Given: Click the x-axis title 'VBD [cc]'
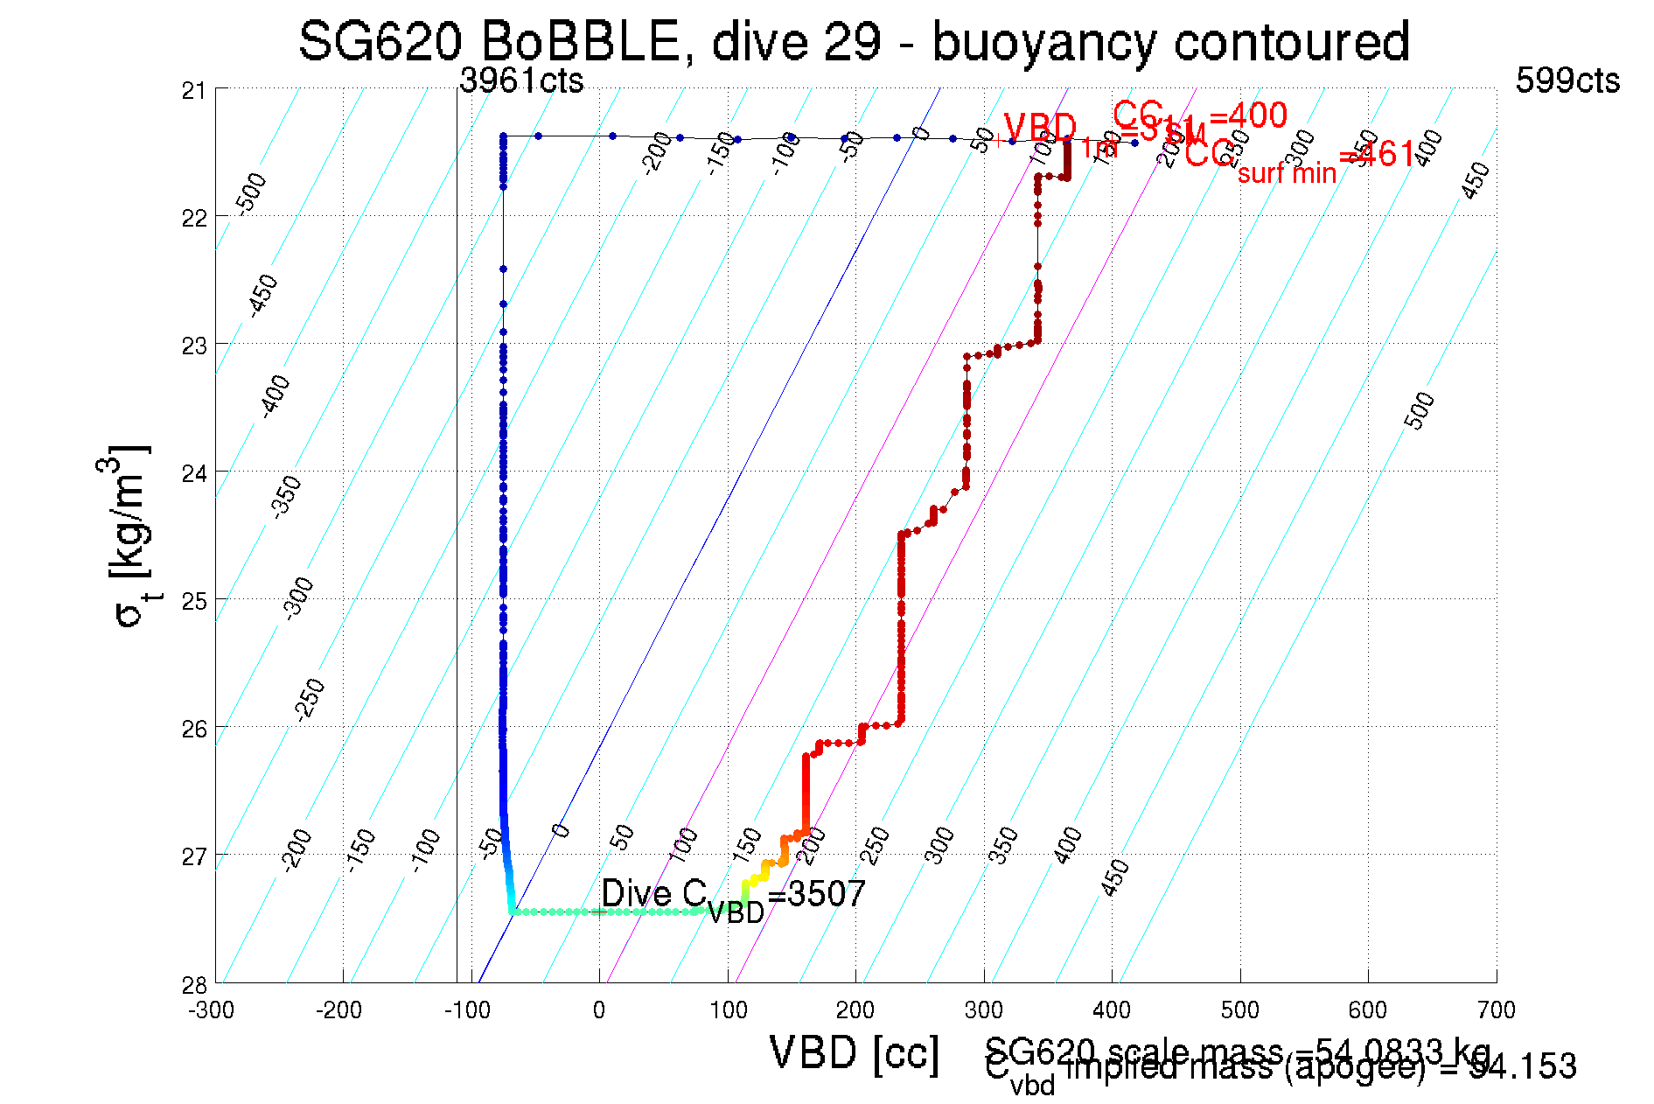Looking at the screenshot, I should pyautogui.click(x=854, y=1052).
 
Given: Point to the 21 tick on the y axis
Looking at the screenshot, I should pyautogui.click(x=194, y=90).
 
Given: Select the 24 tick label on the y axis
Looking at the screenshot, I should pyautogui.click(x=194, y=473).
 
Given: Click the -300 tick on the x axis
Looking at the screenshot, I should pyautogui.click(x=211, y=1010).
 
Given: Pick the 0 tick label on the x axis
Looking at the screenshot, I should pyautogui.click(x=599, y=1010).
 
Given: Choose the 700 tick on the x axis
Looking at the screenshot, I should pyautogui.click(x=1496, y=1010).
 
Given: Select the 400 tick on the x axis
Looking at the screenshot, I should pyautogui.click(x=1112, y=1010).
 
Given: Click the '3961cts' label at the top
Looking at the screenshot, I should pyautogui.click(x=521, y=80).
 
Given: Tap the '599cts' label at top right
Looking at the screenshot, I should pyautogui.click(x=1567, y=80).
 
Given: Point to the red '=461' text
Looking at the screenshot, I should pyautogui.click(x=1377, y=156).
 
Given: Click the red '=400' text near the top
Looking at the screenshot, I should pyautogui.click(x=1248, y=115).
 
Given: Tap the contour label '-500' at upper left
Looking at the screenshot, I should pyautogui.click(x=252, y=193).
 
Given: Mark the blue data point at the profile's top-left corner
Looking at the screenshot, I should pyautogui.click(x=504, y=136).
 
